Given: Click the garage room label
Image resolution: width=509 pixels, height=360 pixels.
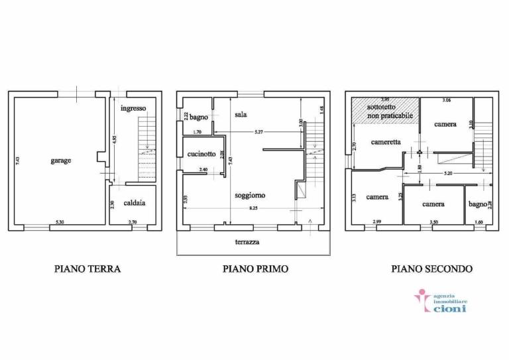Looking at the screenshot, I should pos(60,160).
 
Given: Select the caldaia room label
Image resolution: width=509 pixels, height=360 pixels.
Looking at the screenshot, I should pos(134,203).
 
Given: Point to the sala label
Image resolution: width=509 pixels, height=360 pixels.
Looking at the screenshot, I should pos(241,115).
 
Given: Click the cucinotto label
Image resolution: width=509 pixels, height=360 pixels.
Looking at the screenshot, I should pos(201,154).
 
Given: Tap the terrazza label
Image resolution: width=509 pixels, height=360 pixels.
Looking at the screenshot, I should pos(247,242).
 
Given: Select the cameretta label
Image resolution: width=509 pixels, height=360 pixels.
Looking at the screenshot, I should pos(385,141).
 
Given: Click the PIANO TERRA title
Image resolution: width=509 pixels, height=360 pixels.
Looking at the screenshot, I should pos(87,269).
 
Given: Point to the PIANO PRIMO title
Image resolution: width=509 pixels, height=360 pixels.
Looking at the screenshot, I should pos(255,269).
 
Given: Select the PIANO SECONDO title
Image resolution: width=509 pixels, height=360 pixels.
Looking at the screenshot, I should pos(431,269).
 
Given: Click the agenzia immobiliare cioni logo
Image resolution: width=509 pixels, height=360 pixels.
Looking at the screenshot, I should pos(441,302).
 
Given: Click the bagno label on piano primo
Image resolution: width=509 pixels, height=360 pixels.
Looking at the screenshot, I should pos(199,117).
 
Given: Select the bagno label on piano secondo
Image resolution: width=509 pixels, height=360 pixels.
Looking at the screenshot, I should pos(477,204).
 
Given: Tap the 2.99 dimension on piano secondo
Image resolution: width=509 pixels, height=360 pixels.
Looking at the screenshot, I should pos(376,221).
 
